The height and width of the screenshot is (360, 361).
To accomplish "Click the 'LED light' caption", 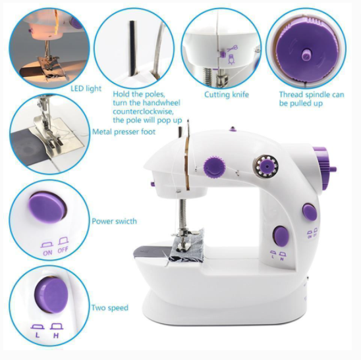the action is coord(86,89).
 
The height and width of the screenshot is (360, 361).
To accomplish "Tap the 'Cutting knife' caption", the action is coord(227,95).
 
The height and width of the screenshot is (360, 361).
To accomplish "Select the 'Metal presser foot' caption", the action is coord(124,132).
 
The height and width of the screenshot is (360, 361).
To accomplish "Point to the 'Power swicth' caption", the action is coord(114,221).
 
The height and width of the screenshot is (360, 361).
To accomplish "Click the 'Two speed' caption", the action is coord(110,308).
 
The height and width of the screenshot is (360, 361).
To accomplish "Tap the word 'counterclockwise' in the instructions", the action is coord(142,112).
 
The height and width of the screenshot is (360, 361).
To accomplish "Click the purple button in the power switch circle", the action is coord(48,207).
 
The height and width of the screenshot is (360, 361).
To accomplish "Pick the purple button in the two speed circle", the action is coord(51,295).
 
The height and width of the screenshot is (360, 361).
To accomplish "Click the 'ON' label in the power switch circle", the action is coord(47,253).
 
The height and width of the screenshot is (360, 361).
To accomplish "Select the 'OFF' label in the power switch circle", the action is coord(63,249).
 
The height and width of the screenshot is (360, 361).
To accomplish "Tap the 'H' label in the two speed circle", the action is coord(56,336).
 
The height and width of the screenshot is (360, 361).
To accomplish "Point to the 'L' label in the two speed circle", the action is coord(38,335).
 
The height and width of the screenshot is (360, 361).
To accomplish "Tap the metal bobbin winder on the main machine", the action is coord(265,166).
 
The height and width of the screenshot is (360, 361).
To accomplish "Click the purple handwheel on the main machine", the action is coord(324,168).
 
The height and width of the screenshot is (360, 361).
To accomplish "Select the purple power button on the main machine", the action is coord(310,212).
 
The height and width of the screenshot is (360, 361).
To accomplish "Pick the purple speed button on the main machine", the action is coord(281,236).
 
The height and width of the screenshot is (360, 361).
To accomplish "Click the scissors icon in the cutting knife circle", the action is coord(233,49).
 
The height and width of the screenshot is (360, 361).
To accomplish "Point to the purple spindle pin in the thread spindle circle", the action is coord(306,55).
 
